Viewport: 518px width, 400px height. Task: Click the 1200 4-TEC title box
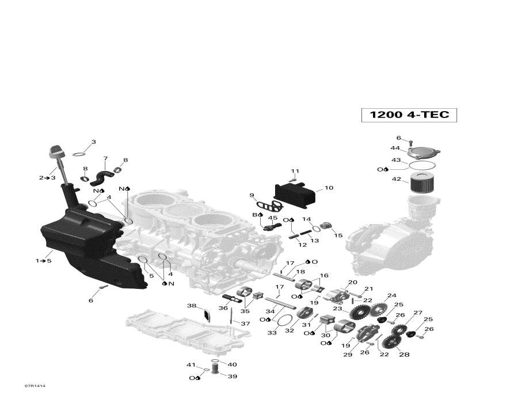(x=409, y=115)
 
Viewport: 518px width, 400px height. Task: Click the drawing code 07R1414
(x=35, y=386)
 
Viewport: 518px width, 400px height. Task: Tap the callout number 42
(x=396, y=180)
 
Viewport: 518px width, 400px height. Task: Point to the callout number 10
(x=329, y=188)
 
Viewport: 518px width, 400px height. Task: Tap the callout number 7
(x=105, y=158)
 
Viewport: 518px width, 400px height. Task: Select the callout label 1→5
(x=44, y=261)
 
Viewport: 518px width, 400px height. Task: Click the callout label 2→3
(x=47, y=178)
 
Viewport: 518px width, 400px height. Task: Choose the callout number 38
(x=192, y=306)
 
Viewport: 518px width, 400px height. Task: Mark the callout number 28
(x=404, y=355)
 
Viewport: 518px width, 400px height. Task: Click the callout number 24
(x=392, y=296)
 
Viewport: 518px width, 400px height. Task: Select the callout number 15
(x=338, y=235)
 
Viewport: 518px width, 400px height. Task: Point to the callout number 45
(x=273, y=218)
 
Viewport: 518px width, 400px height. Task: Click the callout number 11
(x=295, y=171)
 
